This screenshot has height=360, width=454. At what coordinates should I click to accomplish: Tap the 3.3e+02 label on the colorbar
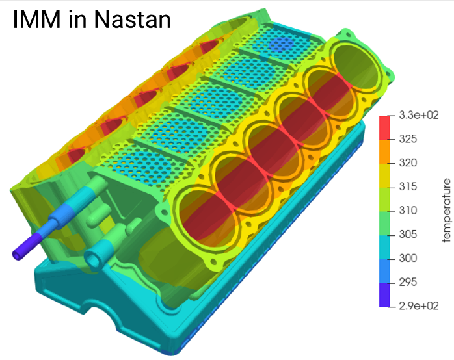(x=419, y=115)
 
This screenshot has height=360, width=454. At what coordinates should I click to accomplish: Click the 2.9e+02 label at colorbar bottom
(x=419, y=306)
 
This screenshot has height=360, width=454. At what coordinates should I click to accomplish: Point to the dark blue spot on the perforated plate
(x=281, y=44)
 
